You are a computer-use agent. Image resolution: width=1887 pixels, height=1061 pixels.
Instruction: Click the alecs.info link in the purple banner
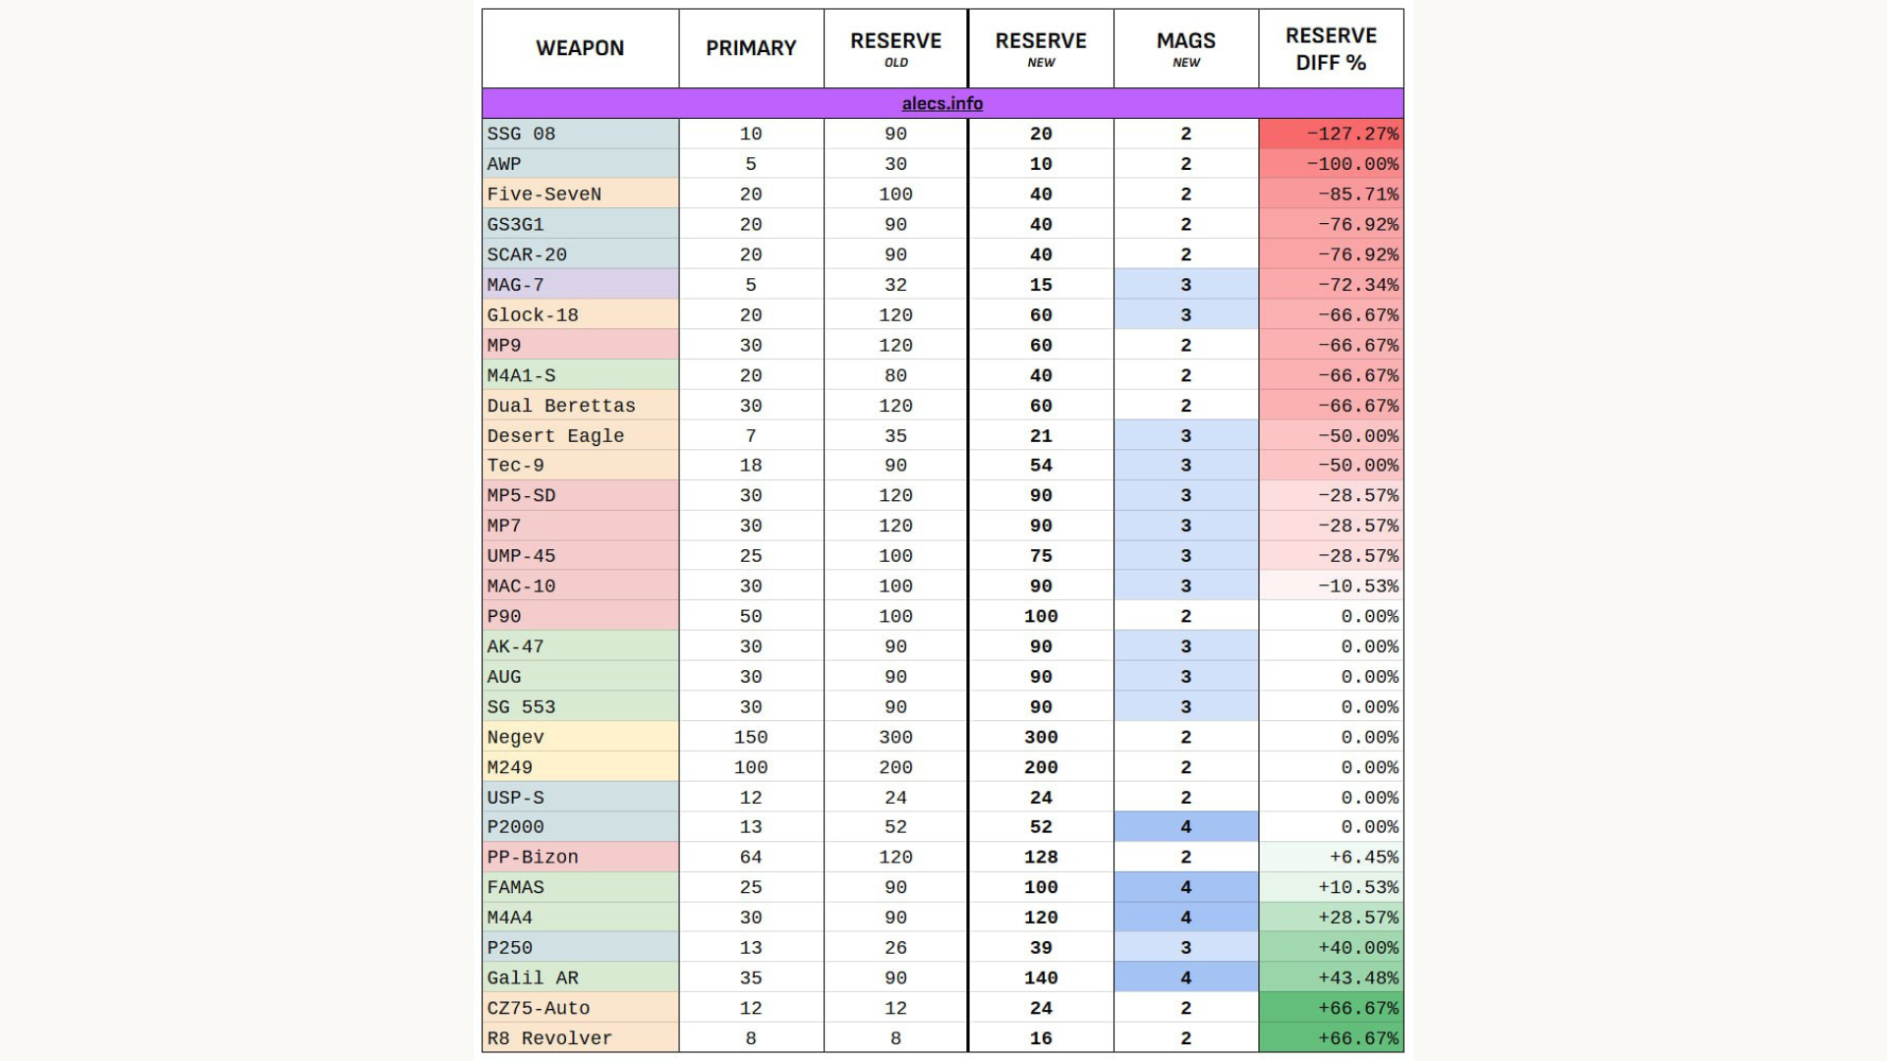(942, 103)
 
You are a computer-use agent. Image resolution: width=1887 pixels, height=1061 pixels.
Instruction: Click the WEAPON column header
(580, 48)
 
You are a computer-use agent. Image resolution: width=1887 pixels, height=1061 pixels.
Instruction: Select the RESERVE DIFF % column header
(1331, 48)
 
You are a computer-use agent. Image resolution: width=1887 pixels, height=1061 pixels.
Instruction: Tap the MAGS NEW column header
(1185, 48)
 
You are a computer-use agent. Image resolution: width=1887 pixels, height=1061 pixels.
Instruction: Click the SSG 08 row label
(522, 134)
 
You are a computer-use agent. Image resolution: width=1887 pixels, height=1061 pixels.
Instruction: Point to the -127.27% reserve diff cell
(1351, 134)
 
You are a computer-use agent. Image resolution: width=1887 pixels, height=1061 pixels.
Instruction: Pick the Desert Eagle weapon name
(555, 435)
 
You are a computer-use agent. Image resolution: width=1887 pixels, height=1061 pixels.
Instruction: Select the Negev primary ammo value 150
(751, 737)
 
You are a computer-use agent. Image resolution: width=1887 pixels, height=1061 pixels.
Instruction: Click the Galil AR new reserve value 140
(1041, 977)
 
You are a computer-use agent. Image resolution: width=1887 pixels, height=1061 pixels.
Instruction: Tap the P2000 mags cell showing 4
(1185, 826)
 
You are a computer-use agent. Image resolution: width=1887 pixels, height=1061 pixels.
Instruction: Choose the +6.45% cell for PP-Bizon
(1363, 857)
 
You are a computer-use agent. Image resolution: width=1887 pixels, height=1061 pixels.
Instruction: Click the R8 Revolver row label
(549, 1037)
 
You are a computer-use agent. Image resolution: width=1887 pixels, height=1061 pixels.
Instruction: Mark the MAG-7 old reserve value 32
(895, 285)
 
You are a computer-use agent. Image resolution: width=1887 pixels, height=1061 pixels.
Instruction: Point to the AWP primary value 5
(751, 164)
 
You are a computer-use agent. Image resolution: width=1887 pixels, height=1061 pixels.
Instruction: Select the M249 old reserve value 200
(895, 767)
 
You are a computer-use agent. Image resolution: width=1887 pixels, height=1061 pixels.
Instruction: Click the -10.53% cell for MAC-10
(1357, 586)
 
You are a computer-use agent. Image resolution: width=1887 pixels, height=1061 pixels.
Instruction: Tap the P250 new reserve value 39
(1041, 947)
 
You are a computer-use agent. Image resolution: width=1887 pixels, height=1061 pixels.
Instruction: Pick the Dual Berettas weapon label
(561, 406)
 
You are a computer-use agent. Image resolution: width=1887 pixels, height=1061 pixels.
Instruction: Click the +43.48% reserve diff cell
(1357, 977)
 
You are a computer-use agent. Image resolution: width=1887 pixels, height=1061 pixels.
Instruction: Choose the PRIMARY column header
(751, 48)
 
